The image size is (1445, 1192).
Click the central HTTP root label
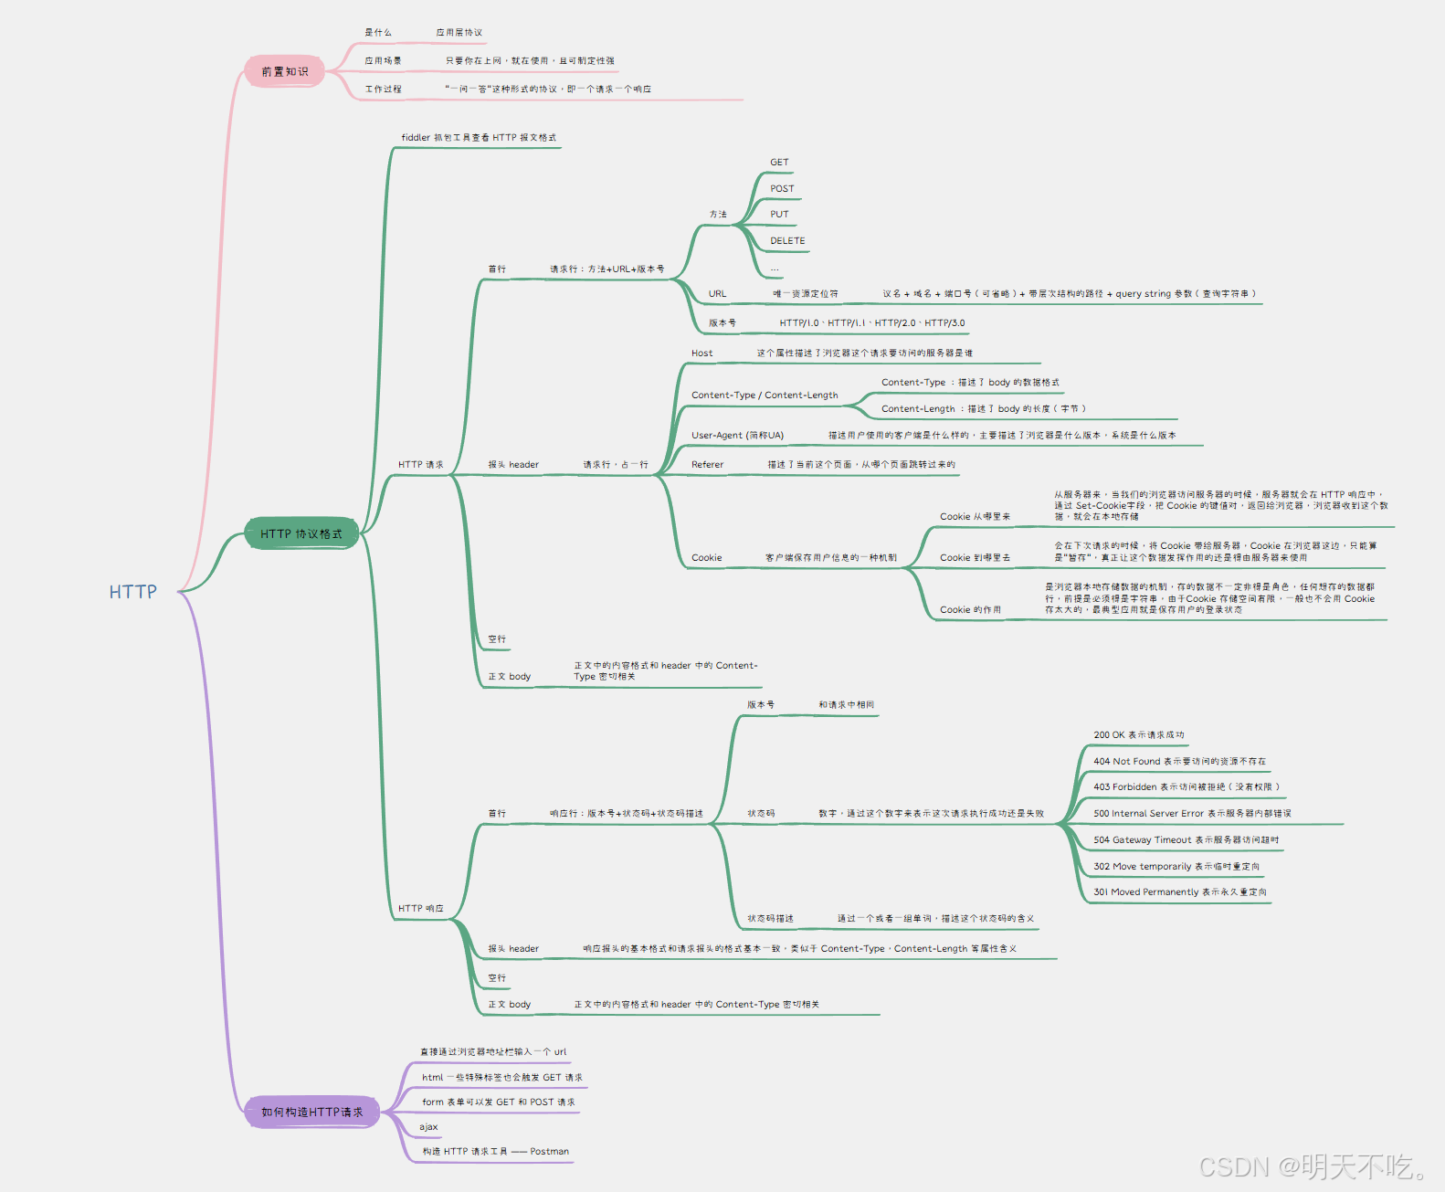click(x=133, y=592)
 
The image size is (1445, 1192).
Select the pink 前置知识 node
click(x=285, y=71)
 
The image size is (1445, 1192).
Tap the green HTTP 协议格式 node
click(x=301, y=533)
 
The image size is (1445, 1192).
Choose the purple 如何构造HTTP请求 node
click(x=312, y=1112)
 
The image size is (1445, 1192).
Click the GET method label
click(x=779, y=163)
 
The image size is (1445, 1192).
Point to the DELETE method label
click(x=787, y=241)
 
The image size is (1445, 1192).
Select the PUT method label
click(x=779, y=215)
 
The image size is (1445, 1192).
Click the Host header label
click(x=701, y=353)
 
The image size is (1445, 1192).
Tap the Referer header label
click(x=707, y=465)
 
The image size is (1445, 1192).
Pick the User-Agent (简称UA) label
click(x=737, y=436)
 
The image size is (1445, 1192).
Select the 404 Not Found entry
click(x=1179, y=761)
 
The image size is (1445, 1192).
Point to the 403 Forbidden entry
click(x=1186, y=787)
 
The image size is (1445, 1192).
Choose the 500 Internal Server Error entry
click(x=1192, y=814)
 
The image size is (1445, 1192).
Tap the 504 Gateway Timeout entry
click(x=1186, y=840)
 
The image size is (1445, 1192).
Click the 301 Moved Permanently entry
click(x=1179, y=892)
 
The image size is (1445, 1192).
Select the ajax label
click(x=428, y=1127)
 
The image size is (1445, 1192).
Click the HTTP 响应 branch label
click(x=421, y=909)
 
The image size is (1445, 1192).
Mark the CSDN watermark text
click(x=1313, y=1166)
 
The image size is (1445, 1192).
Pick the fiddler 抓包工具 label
click(x=479, y=138)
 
